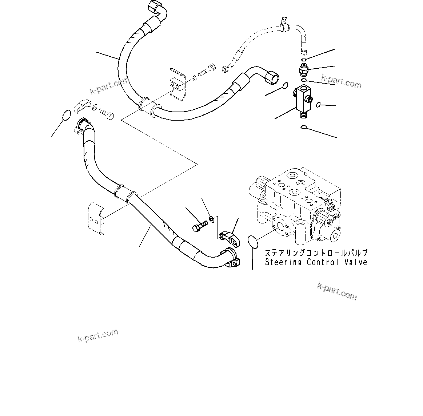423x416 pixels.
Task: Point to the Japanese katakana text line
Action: (316, 253)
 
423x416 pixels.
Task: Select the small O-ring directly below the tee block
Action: (303, 127)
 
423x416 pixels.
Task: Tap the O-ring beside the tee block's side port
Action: (318, 105)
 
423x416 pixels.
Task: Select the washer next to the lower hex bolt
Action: (211, 219)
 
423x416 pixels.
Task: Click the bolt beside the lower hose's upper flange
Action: (106, 113)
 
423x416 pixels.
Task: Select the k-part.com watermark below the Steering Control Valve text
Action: (337, 291)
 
